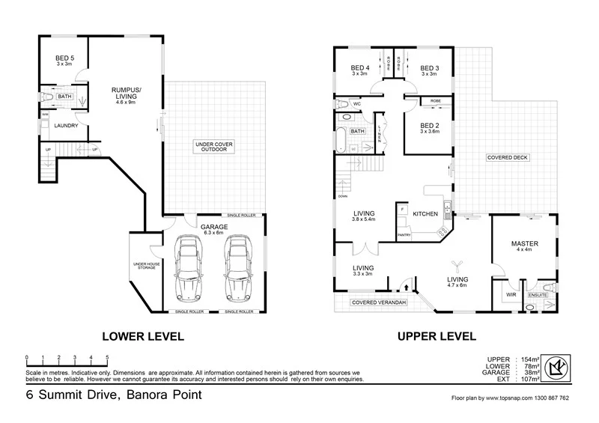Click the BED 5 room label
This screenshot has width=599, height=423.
tap(64, 58)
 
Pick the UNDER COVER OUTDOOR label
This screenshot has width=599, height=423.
tap(214, 145)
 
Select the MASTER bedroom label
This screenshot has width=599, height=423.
tap(525, 243)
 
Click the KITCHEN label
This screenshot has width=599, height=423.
tap(425, 214)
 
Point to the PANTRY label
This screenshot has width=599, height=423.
tap(404, 235)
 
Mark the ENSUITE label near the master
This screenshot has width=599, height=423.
tap(538, 295)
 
